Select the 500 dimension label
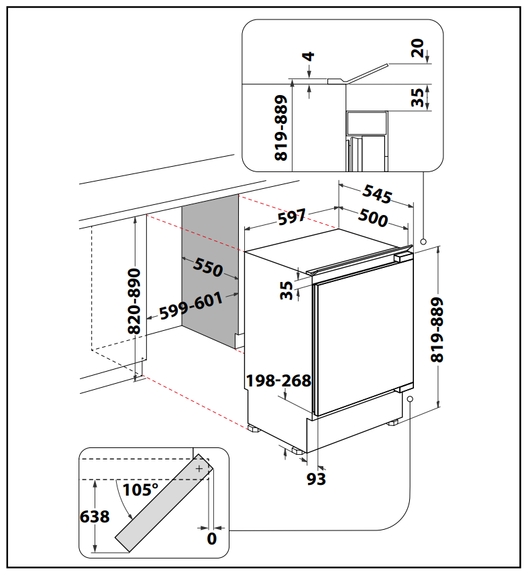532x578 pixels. pyautogui.click(x=373, y=217)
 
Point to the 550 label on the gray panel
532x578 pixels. pyautogui.click(x=208, y=268)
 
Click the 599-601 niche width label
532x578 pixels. pyautogui.click(x=191, y=306)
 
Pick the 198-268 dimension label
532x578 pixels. pyautogui.click(x=278, y=381)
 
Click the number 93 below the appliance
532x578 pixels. pyautogui.click(x=316, y=479)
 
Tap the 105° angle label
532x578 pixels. pyautogui.click(x=141, y=490)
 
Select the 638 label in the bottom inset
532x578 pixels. pyautogui.click(x=95, y=517)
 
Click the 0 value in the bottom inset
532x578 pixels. pyautogui.click(x=212, y=538)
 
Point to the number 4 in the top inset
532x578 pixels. pyautogui.click(x=309, y=56)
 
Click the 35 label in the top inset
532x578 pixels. pyautogui.click(x=419, y=98)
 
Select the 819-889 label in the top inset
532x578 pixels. pyautogui.click(x=281, y=127)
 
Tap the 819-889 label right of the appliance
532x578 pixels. pyautogui.click(x=437, y=330)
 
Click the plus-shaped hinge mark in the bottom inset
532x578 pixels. pyautogui.click(x=199, y=469)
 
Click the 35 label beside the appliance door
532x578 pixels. pyautogui.click(x=286, y=290)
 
